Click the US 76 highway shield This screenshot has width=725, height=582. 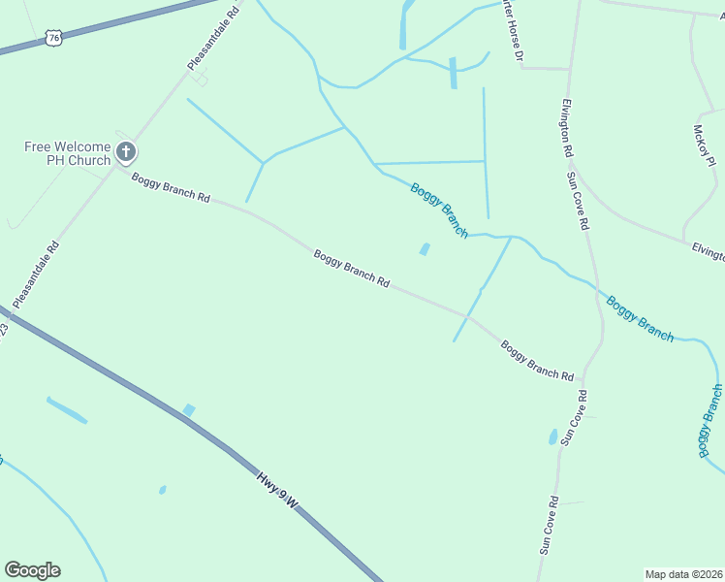(x=52, y=38)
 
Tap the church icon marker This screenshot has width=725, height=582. (x=125, y=151)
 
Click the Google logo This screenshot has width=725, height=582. (x=32, y=570)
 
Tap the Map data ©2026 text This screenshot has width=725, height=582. (x=684, y=574)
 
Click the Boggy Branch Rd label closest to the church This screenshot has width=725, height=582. (x=171, y=187)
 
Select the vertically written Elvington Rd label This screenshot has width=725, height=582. (x=567, y=127)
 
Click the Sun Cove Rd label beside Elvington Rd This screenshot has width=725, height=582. (x=579, y=200)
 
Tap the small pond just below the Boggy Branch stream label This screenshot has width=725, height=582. (x=425, y=249)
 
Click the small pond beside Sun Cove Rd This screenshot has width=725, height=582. (x=553, y=437)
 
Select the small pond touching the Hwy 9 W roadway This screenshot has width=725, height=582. (x=189, y=410)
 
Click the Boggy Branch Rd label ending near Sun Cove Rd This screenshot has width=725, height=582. (x=537, y=361)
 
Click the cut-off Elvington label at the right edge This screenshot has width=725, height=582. (x=709, y=253)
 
